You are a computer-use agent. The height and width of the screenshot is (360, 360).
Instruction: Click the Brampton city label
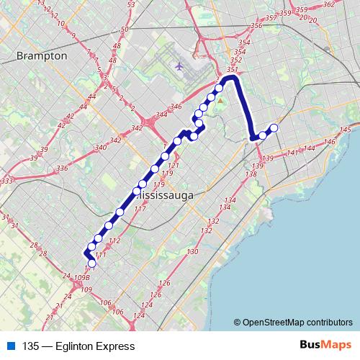point(42,55)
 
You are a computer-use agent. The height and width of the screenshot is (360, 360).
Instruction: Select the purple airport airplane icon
point(179,66)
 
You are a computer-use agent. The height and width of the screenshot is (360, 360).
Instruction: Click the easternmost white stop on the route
point(274,129)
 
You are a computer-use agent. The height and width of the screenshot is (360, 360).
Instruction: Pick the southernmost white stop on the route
point(91,264)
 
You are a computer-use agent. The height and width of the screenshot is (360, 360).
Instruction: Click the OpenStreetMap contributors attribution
point(297,322)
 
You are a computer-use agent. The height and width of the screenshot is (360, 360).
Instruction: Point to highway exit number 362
point(329,4)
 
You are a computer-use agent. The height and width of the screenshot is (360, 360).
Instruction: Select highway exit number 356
point(256,27)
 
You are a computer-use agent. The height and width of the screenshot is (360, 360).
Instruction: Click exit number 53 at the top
point(130,5)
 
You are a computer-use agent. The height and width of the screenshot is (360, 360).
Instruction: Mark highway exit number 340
point(101,147)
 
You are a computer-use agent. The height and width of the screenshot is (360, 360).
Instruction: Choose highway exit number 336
point(62,168)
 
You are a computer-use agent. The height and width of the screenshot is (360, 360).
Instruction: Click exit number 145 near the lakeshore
point(345,129)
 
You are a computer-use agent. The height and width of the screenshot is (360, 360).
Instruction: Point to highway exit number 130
point(192,251)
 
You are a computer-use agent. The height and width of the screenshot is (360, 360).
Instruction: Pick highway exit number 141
point(292,153)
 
